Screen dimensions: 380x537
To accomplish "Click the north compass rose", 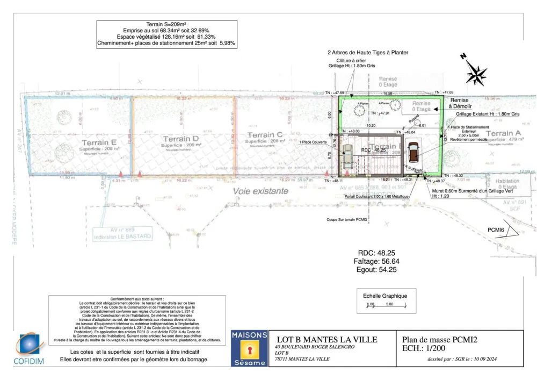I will [x=475, y=73].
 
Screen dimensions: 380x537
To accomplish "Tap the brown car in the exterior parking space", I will [x=412, y=152].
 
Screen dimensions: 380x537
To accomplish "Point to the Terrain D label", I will [x=181, y=139].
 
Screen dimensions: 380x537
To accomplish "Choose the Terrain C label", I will [x=265, y=135].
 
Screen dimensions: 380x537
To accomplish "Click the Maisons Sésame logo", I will [x=249, y=349].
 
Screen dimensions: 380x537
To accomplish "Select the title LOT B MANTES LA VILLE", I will [x=326, y=340].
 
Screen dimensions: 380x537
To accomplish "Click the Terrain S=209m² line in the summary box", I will [x=166, y=24].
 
